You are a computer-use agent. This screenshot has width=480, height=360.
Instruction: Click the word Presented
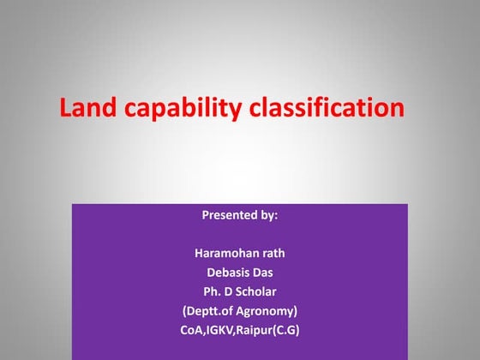229,215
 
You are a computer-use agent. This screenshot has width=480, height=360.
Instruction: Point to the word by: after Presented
267,215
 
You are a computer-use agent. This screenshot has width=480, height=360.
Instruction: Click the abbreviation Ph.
212,291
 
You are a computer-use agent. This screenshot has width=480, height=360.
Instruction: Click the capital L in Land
65,109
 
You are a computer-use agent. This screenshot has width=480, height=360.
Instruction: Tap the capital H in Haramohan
199,254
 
